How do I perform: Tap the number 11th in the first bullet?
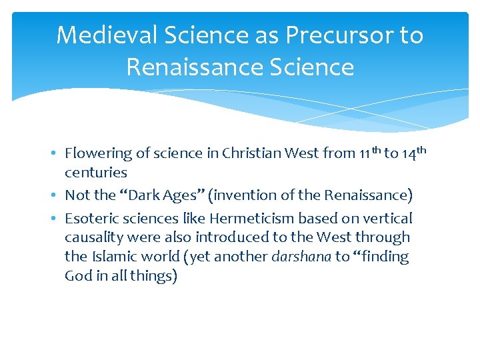pyautogui.click(x=369, y=153)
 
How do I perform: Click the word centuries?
pyautogui.click(x=96, y=173)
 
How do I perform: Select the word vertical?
pyautogui.click(x=389, y=218)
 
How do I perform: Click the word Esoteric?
pyautogui.click(x=89, y=218)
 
